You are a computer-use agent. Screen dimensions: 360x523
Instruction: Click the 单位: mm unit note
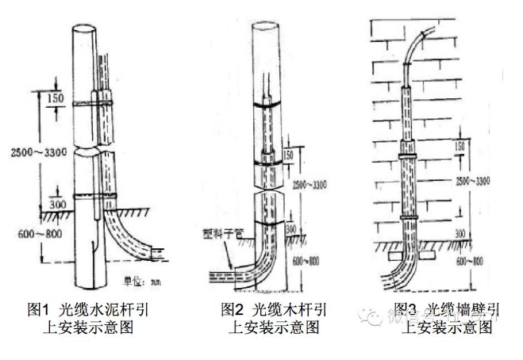tap(141, 279)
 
